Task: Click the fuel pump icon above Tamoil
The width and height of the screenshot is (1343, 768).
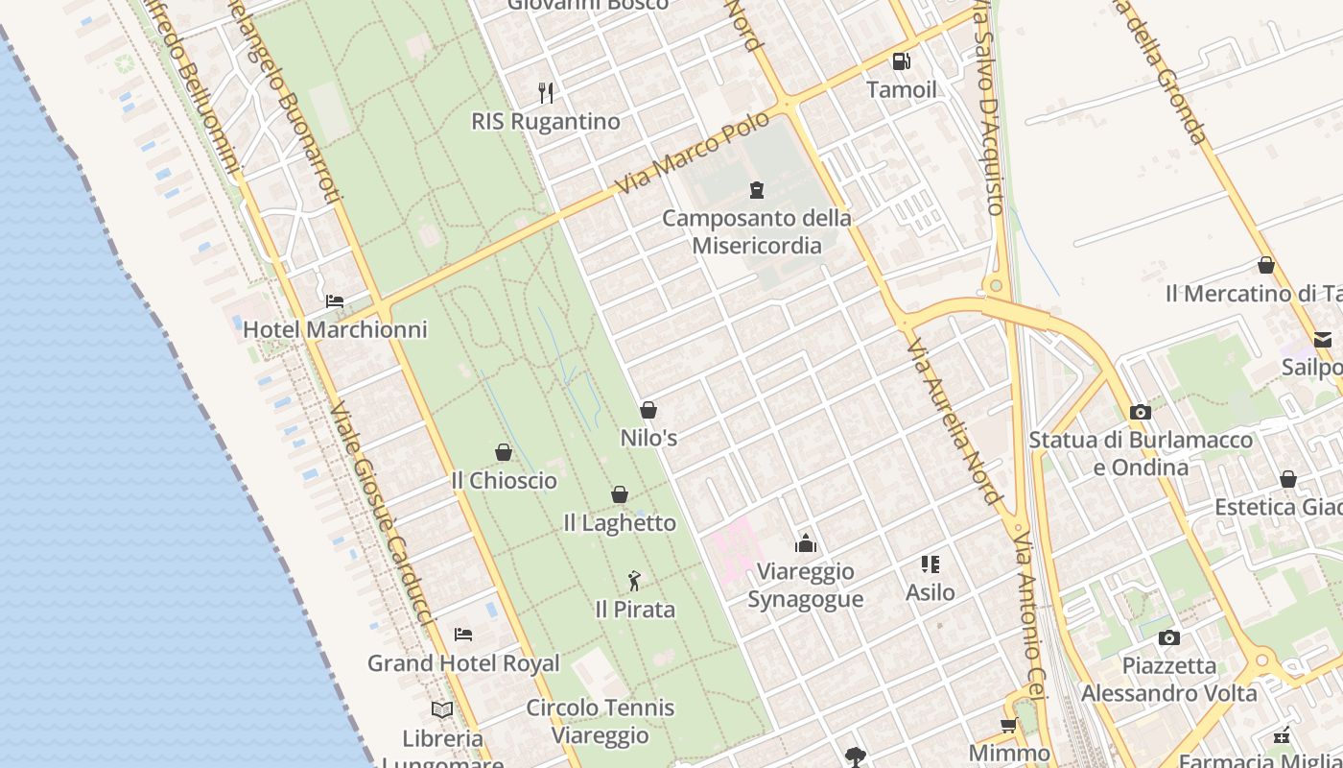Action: [901, 61]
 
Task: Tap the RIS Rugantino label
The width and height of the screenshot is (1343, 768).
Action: [545, 122]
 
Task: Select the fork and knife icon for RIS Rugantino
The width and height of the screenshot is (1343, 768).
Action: [546, 92]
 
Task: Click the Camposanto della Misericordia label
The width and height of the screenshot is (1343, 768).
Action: [757, 231]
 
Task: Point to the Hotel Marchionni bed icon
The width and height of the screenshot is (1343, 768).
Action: [334, 301]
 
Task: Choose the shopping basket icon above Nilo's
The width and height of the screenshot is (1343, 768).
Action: [648, 410]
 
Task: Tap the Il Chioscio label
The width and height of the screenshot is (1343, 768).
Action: [504, 480]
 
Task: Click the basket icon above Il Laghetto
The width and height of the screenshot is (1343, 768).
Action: [620, 494]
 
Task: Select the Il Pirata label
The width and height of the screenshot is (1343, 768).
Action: [635, 610]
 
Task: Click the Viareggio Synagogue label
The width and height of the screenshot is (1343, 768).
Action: [805, 585]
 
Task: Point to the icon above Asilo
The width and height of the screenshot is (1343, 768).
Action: [930, 564]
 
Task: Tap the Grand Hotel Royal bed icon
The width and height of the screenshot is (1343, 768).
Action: [463, 634]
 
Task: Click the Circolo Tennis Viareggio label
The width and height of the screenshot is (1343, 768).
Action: [601, 722]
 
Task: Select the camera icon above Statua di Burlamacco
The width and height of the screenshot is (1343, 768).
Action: [1140, 412]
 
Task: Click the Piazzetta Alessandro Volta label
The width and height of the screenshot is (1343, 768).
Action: [1168, 679]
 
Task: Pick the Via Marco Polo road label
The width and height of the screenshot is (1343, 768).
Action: [693, 152]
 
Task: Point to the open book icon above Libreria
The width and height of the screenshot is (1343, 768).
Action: [442, 709]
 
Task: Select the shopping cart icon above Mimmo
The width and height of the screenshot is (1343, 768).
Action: [1008, 725]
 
